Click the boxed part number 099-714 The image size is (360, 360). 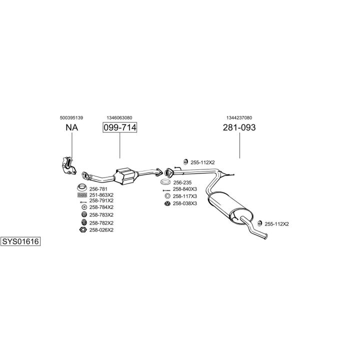[119, 127]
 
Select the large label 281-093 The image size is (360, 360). [239, 127]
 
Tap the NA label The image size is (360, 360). [71, 127]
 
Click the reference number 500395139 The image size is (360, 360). [71, 117]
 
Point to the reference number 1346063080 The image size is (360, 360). [119, 117]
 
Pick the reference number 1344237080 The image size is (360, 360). [239, 117]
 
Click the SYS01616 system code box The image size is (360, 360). [20, 241]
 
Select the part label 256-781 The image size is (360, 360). [98, 188]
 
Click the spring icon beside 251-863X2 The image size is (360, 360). [82, 194]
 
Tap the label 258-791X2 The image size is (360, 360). [101, 200]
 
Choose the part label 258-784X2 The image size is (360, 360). [101, 207]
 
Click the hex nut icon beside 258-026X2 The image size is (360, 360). [83, 230]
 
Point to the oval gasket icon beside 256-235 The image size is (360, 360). [165, 182]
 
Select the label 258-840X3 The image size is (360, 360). [185, 189]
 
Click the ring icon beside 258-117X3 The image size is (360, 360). [167, 196]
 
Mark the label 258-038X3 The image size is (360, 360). [185, 203]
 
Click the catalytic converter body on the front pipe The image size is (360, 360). [126, 175]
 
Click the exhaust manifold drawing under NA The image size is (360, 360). [67, 165]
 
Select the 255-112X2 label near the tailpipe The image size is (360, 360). [276, 224]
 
